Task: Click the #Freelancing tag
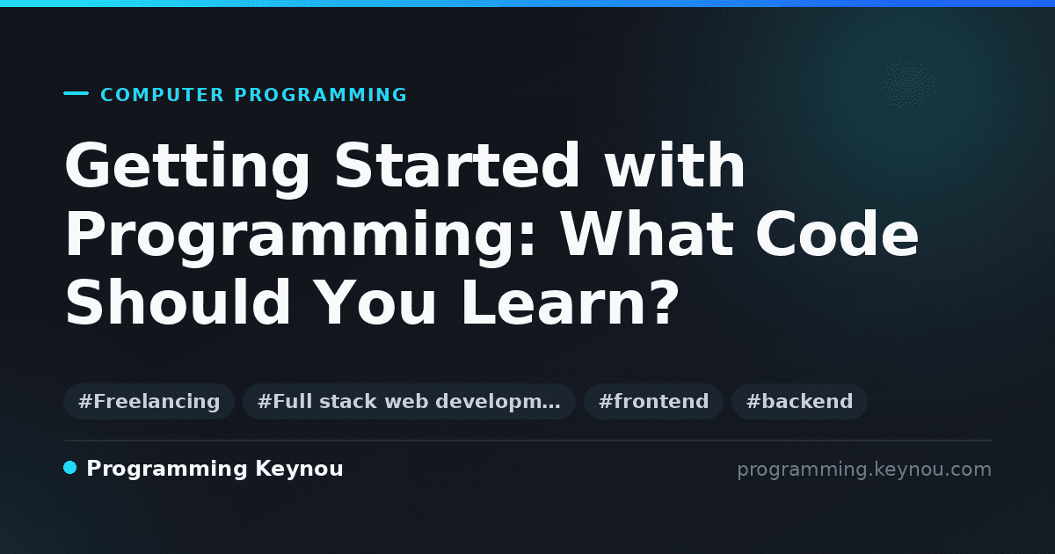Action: [x=149, y=401]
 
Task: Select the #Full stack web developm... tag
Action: [x=409, y=401]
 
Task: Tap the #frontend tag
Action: [x=653, y=401]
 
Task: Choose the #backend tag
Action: [x=799, y=401]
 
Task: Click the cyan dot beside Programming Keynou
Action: [x=69, y=468]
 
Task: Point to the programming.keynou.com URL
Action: [x=864, y=470]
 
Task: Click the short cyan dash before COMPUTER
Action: [x=76, y=93]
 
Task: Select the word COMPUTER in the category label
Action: [x=162, y=95]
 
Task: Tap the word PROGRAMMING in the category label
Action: [x=321, y=95]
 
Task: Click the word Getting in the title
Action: [x=187, y=168]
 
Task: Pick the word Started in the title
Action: [x=457, y=165]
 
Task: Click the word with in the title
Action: [x=674, y=164]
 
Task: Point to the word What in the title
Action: [x=647, y=233]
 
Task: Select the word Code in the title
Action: [x=837, y=233]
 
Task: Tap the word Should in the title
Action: [x=178, y=302]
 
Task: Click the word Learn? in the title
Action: [x=570, y=302]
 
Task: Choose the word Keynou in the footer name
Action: [x=299, y=470]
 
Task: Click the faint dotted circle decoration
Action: [x=909, y=87]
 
